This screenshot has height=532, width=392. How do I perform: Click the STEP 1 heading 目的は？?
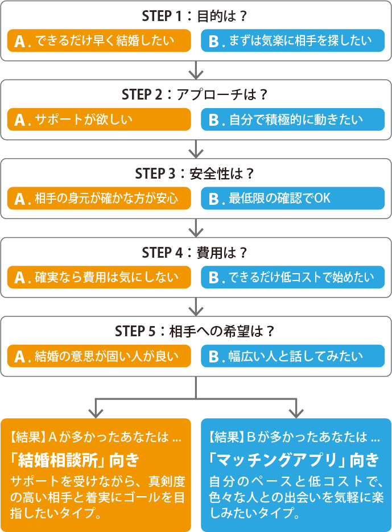196,16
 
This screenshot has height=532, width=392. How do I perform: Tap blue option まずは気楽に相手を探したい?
293,40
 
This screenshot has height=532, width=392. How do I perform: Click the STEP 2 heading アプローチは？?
196,94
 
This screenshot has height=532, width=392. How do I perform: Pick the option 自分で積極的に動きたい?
293,119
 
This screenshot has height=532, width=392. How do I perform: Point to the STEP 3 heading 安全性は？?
196,174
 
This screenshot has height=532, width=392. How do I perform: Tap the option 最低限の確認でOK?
293,199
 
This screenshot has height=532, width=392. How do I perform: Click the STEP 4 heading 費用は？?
196,252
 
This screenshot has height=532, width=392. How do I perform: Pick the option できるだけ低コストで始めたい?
293,277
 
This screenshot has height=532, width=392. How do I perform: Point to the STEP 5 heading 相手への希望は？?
196,331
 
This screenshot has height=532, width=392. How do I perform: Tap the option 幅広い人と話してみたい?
293,356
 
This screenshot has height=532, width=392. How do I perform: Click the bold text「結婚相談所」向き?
75,459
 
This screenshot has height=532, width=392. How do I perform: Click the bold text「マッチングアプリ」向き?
294,459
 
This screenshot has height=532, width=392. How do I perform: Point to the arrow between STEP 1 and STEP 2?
196,71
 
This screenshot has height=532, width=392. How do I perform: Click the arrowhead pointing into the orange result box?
96,411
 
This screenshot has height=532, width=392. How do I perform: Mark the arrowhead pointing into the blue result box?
296,411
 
